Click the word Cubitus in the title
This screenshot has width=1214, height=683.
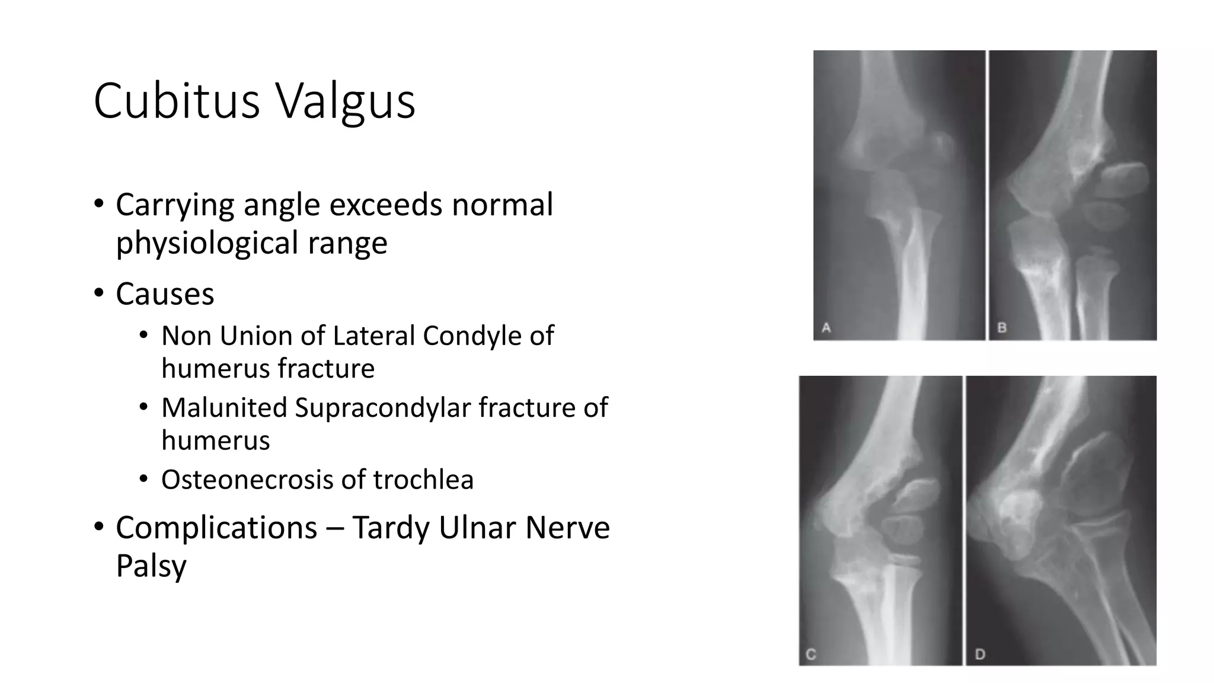177,101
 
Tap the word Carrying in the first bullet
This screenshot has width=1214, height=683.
175,206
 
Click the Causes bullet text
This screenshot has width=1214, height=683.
165,294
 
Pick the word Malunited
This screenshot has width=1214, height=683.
223,408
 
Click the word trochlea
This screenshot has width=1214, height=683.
423,480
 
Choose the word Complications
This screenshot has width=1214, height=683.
216,528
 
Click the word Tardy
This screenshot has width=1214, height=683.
391,528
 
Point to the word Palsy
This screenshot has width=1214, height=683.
151,566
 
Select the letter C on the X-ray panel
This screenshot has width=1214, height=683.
811,655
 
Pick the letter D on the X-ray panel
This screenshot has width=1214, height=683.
980,655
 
